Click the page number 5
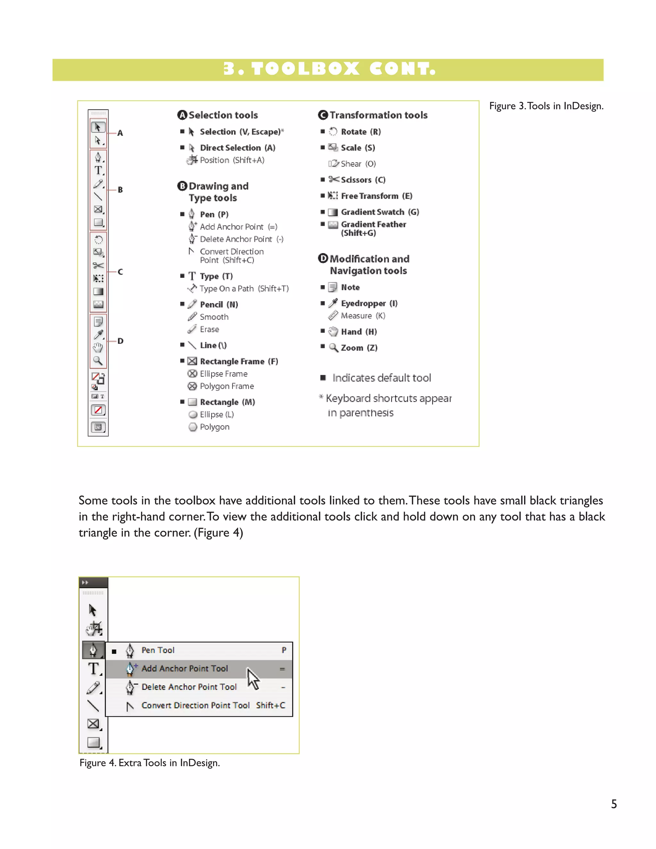click(614, 804)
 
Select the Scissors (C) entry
click(362, 180)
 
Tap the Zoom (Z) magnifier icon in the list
click(333, 348)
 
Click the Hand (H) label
click(359, 332)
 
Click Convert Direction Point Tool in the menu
click(195, 705)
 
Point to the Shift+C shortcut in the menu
click(270, 705)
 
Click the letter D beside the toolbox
click(120, 341)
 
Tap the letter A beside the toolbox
click(120, 133)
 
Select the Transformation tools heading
click(378, 115)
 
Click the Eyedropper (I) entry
click(369, 303)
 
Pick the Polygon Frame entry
click(226, 386)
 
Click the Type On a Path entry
click(244, 288)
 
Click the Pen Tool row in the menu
click(158, 650)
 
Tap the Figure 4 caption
click(150, 763)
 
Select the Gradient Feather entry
click(373, 228)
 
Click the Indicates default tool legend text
click(381, 378)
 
